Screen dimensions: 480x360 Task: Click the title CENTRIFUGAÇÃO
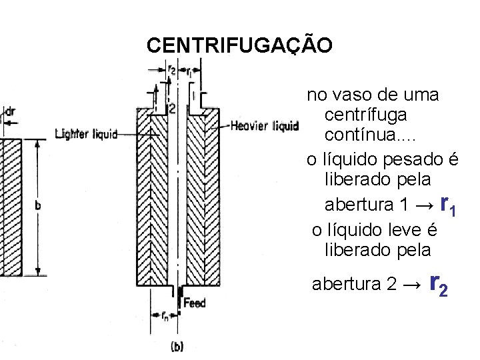click(238, 45)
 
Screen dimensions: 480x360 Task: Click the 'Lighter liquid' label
click(86, 133)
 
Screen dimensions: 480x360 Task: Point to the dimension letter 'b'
click(37, 207)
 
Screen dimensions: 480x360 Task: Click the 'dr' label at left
click(11, 112)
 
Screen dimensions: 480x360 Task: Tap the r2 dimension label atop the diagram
click(171, 69)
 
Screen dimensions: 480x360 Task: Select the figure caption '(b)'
click(177, 346)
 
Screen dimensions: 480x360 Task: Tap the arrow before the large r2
click(413, 286)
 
